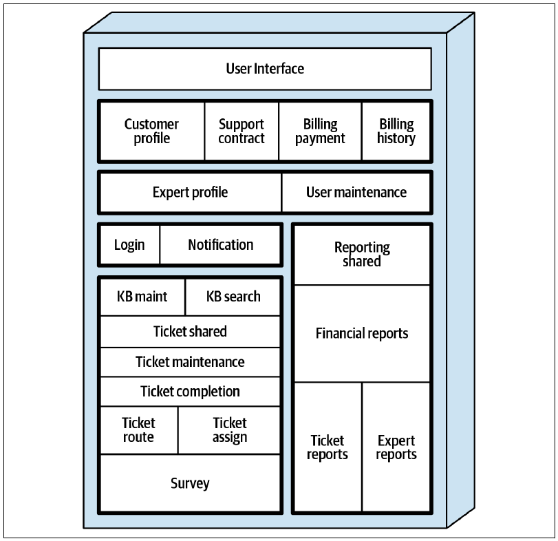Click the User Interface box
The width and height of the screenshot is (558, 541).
tap(265, 69)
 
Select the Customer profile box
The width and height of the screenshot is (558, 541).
tap(152, 131)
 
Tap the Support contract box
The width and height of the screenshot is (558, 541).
tap(242, 131)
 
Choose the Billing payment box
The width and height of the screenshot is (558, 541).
tap(320, 131)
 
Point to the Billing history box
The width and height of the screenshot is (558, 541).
tap(396, 131)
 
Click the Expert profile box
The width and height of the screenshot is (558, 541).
tap(191, 192)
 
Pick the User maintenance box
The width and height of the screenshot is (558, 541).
tap(356, 192)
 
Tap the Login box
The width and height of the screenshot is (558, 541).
tap(129, 245)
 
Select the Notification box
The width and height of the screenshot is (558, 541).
tap(221, 245)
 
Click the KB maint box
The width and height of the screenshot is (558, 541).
tap(142, 297)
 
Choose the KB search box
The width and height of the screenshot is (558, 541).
tap(233, 297)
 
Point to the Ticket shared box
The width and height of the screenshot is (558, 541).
tap(191, 331)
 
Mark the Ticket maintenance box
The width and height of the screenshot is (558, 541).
tap(191, 362)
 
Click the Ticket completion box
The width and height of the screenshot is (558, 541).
tap(191, 392)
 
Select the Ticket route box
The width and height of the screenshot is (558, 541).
tap(139, 430)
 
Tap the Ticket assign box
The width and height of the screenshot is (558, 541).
tap(230, 430)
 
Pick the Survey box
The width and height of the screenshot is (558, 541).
tap(191, 483)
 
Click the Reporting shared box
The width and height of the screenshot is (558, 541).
tap(362, 255)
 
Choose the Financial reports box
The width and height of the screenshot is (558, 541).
tap(362, 334)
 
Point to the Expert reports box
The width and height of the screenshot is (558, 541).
tap(396, 447)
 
